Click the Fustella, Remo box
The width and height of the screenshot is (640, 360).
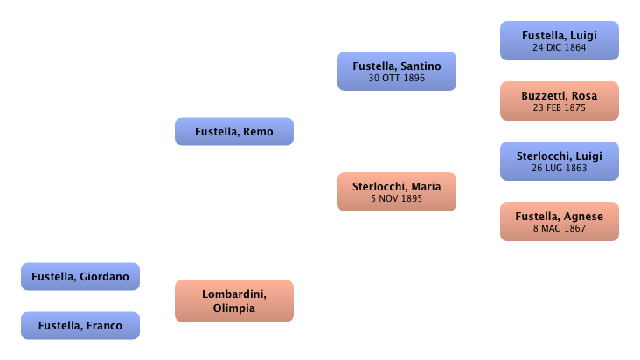click(233, 132)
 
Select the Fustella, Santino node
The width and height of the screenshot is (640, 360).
click(396, 71)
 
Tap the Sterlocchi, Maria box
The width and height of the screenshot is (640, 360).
click(396, 191)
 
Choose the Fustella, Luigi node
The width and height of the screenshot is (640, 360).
click(559, 40)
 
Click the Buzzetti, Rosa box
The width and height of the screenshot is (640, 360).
click(559, 101)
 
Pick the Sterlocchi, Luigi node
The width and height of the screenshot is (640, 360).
click(559, 161)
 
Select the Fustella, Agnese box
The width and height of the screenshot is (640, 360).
click(559, 222)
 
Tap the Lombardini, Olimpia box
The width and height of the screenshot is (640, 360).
click(233, 300)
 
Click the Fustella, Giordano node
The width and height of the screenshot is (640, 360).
click(80, 277)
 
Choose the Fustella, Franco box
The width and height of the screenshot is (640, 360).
click(80, 326)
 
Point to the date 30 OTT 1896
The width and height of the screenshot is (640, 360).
click(396, 78)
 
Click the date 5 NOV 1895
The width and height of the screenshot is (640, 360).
click(396, 198)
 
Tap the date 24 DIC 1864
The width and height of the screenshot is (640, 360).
click(559, 47)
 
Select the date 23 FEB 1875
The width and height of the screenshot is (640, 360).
click(559, 108)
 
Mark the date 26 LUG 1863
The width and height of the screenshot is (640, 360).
click(559, 168)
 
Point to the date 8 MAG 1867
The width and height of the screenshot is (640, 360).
click(559, 229)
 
